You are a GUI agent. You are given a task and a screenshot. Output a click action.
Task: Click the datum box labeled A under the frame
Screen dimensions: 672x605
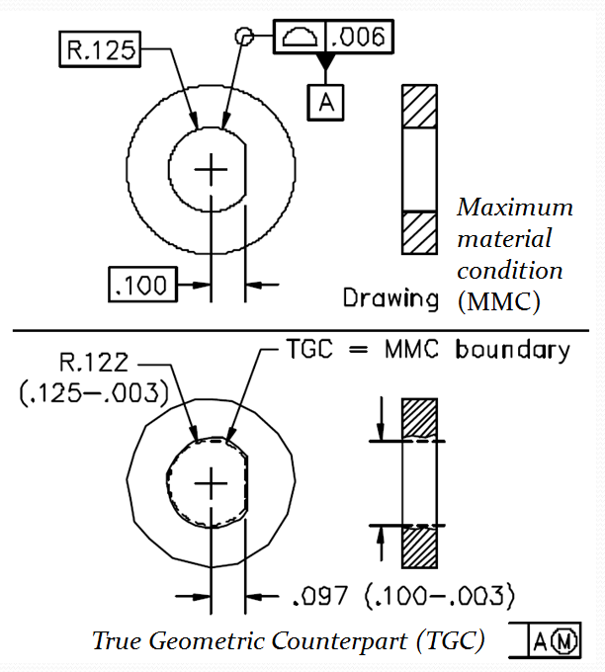325,101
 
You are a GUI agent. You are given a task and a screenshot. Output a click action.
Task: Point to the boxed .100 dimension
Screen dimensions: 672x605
140,286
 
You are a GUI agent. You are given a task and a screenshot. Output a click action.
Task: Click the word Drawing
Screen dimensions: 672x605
390,297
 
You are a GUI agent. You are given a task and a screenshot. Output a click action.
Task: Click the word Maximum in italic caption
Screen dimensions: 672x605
515,208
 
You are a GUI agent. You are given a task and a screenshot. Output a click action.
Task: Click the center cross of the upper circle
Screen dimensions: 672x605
211,170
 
